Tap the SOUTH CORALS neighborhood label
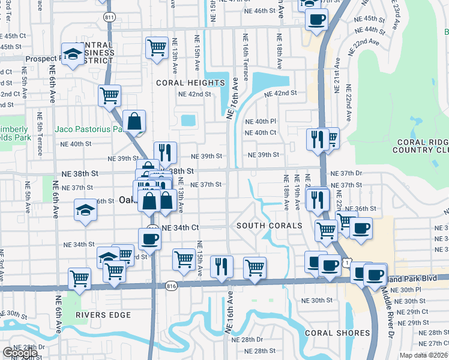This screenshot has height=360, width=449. click(x=269, y=226)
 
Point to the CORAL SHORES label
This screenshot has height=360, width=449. click(x=337, y=333)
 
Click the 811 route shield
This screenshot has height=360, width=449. click(x=109, y=17)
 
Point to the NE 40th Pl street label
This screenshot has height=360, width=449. click(x=261, y=121)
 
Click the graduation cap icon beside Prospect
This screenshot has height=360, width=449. click(x=73, y=56)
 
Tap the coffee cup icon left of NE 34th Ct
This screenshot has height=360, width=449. click(x=149, y=238)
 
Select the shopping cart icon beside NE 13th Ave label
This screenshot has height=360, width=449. click(x=157, y=47)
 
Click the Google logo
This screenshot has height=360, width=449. click(x=20, y=353)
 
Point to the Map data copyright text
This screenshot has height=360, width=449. click(x=423, y=355)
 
